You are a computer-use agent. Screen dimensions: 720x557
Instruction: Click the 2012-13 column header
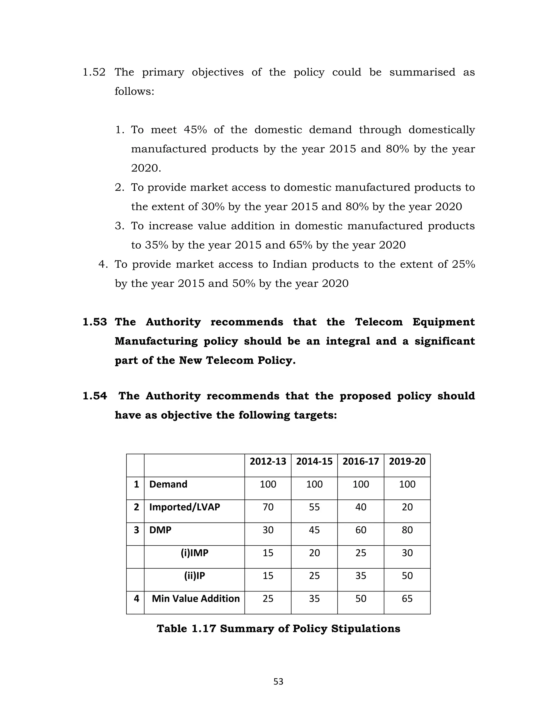coord(268,461)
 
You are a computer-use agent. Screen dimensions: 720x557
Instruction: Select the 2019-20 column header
coord(407,461)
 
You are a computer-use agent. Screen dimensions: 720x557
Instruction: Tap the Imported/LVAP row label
coord(184,507)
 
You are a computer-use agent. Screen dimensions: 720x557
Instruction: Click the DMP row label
coord(160,530)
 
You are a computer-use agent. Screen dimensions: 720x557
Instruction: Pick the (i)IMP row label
coord(194,553)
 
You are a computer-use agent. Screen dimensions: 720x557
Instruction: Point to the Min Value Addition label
coord(196,598)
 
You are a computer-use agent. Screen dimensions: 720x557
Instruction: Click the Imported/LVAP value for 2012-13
coord(268,507)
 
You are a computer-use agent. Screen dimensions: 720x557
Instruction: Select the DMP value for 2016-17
coord(361,530)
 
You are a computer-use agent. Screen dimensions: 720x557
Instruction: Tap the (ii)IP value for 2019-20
coord(407,576)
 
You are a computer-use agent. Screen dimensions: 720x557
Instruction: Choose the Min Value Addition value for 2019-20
coord(407,598)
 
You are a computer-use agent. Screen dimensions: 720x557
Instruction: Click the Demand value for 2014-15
coord(314,484)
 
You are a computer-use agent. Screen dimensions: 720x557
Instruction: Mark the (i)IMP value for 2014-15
coord(314,553)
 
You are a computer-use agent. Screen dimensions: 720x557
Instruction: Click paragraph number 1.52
coord(94,72)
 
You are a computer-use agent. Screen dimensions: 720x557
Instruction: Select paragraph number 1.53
coord(95,322)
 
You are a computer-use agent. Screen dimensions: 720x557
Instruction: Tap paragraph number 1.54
coord(95,396)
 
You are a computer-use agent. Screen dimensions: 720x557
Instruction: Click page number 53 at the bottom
coord(278,681)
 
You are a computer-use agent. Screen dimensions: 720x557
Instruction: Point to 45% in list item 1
coord(195,130)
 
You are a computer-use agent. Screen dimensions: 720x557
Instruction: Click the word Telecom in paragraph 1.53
coord(379,322)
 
